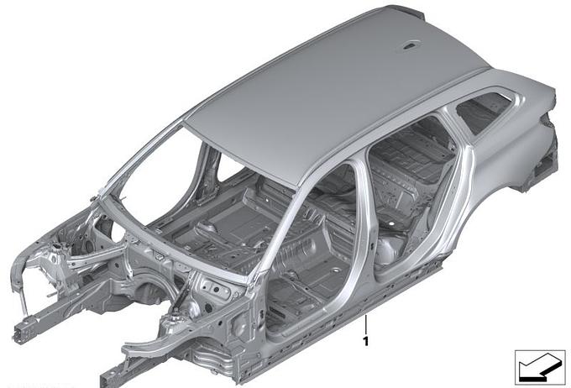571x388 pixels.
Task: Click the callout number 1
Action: click(x=365, y=341)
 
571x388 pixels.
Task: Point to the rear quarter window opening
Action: click(x=484, y=111)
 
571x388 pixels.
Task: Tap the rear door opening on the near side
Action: click(x=411, y=193)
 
